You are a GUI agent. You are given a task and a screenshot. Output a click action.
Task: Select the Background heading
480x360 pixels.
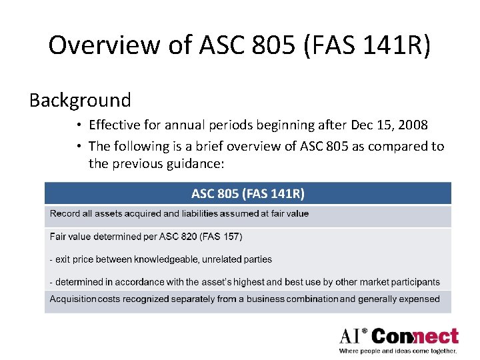[x=80, y=100]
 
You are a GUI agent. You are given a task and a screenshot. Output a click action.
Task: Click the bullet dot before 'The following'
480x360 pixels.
[x=79, y=146]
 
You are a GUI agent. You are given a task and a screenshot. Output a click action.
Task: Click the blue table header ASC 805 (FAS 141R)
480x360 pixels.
[x=247, y=194]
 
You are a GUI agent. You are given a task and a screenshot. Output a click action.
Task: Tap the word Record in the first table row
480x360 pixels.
[x=65, y=214]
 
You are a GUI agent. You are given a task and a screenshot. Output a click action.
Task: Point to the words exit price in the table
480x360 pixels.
[x=77, y=259]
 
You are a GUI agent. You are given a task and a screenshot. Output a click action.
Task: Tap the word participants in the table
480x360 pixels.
[x=415, y=282]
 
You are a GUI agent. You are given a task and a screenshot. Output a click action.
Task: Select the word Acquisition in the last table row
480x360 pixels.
[x=73, y=299]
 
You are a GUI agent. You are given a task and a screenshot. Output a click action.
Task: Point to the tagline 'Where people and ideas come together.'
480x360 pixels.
[x=397, y=351]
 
